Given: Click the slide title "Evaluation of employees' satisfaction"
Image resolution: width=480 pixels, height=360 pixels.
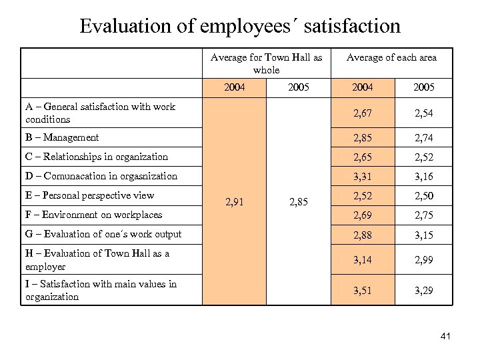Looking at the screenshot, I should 240,26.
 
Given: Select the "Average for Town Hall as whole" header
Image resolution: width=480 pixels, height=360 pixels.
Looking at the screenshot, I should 266,63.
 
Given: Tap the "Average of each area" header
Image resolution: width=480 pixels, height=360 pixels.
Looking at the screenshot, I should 391,57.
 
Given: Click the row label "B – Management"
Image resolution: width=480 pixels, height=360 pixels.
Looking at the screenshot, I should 62,137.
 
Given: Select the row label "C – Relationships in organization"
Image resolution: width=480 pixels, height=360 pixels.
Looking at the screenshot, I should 97,157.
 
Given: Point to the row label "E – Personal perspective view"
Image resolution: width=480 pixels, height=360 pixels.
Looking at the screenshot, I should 90,195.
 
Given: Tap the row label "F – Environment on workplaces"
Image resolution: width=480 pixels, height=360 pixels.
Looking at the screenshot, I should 94,215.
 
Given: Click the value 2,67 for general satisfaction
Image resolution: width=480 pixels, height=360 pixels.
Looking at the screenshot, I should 363,113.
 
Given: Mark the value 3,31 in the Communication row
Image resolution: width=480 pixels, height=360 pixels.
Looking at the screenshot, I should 363,176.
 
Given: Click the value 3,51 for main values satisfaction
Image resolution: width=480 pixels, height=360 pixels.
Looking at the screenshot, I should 363,291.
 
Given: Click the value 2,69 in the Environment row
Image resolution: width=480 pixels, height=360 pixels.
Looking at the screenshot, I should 363,215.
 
